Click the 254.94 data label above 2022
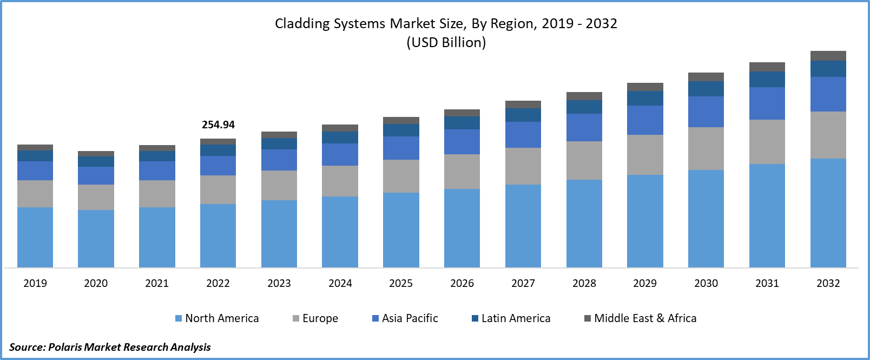point(218,125)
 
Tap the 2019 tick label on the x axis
point(35,283)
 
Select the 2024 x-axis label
point(340,283)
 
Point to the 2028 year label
point(584,283)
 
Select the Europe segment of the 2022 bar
point(218,189)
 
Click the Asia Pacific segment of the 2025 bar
point(401,148)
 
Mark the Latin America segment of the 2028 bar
point(584,107)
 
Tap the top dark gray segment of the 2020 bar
point(96,154)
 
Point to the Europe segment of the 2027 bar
point(523,166)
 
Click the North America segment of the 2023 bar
point(279,233)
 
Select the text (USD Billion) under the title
point(446,42)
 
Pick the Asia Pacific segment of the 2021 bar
point(157,171)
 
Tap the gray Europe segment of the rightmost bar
point(828,135)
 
